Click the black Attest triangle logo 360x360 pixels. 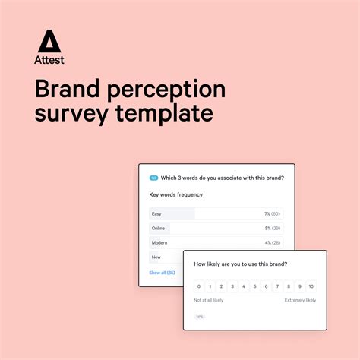49,41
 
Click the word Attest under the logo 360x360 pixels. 49,59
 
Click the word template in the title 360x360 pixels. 167,115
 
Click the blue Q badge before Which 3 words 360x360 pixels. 153,178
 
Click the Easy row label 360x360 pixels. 156,214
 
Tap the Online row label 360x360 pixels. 158,228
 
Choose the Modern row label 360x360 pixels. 159,242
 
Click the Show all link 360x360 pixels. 162,272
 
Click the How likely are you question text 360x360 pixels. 240,264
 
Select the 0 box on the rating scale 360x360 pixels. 199,286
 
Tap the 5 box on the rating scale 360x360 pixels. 255,286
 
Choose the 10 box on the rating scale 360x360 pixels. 311,286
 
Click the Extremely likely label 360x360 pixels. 300,300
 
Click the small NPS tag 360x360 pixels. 200,317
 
